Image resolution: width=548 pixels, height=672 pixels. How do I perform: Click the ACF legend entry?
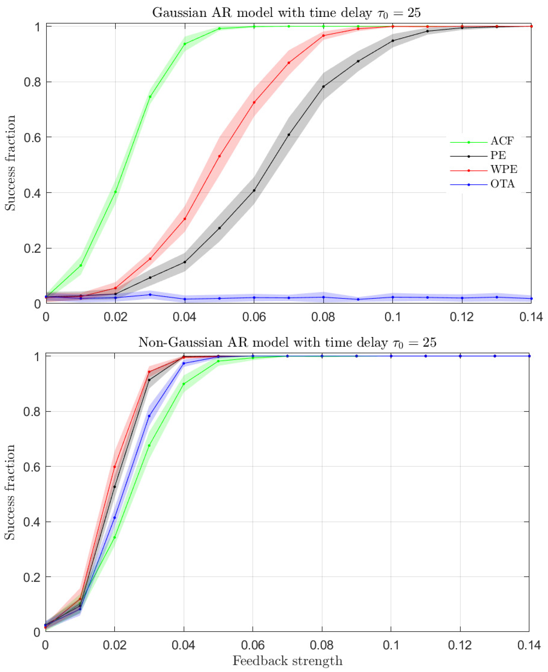[502, 141]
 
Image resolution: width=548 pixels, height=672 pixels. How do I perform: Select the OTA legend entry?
[502, 184]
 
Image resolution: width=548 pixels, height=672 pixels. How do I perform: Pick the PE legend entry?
[498, 155]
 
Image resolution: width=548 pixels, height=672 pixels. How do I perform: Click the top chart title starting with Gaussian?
[286, 13]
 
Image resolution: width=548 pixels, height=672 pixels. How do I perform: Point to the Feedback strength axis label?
[287, 661]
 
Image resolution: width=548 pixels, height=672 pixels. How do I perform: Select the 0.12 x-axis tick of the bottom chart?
[460, 645]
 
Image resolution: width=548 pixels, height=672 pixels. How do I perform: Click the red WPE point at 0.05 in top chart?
[219, 156]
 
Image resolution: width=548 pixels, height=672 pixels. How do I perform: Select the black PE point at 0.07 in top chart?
[289, 135]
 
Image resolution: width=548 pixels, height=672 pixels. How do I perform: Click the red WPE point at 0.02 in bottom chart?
[114, 467]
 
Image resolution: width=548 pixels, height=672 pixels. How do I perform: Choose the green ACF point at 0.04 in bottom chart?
[184, 384]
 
